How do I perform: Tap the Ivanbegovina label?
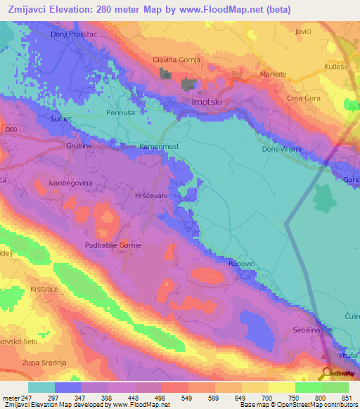pos(70,183)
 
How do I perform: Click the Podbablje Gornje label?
pos(113,245)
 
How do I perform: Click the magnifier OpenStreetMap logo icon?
pos(326,372)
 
